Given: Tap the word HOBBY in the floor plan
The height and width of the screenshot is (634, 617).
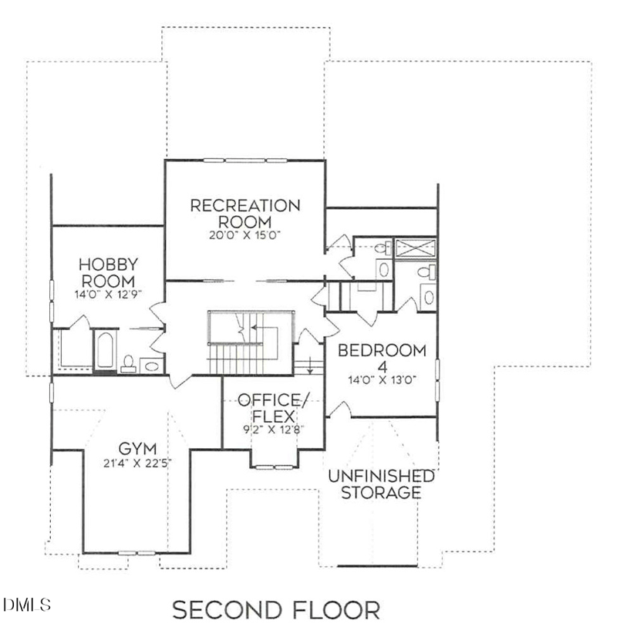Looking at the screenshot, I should click(106, 265).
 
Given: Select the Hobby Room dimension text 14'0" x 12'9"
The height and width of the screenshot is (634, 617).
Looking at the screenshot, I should click(106, 294).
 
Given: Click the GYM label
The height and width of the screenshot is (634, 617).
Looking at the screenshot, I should click(138, 448).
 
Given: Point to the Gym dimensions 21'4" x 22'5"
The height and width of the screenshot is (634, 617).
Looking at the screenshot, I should click(138, 463).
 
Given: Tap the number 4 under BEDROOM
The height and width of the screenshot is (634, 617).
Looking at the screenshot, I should click(383, 366).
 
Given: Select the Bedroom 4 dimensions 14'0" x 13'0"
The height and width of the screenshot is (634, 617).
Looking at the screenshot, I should click(383, 380).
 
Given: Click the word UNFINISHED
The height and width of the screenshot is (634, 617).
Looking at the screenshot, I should click(382, 476).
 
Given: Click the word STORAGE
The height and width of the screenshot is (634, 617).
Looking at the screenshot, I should click(382, 492).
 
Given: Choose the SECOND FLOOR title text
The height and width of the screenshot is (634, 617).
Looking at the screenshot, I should click(276, 611).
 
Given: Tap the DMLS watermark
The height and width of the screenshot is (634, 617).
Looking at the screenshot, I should click(27, 604).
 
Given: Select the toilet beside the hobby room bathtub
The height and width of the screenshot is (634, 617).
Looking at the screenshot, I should click(128, 363).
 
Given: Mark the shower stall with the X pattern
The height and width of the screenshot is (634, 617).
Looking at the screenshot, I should click(415, 248).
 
